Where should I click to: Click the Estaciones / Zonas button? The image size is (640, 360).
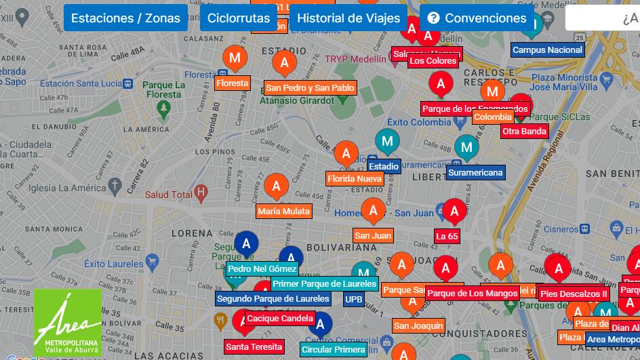coord(125,18)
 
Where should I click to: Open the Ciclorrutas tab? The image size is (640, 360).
coord(239,18)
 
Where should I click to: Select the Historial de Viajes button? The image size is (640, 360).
coord(348,18)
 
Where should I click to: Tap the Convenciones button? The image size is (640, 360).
coord(477,18)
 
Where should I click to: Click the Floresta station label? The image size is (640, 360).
coord(233,83)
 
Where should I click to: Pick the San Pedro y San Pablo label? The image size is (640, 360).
coord(310,87)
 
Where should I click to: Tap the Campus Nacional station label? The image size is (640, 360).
coord(547,49)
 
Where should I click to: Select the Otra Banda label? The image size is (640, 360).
coord(524,131)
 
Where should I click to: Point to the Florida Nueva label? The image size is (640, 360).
coord(355,179)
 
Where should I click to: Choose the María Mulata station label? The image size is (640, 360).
coord(283,212)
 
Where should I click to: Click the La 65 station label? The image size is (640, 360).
coord(447,236)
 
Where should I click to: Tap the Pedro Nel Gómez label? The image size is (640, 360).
coord(262,268)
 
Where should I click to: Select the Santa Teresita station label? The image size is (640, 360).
coord(254,346)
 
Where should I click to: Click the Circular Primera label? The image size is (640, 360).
coord(334,350)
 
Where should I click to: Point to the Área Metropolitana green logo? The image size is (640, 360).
coord(68,323)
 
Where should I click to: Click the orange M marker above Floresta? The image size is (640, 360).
coord(235,58)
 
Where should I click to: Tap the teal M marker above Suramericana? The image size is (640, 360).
coord(466,146)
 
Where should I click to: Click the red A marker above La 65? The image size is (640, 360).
coord(454,211)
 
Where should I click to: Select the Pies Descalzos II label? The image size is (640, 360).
coord(574,294)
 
